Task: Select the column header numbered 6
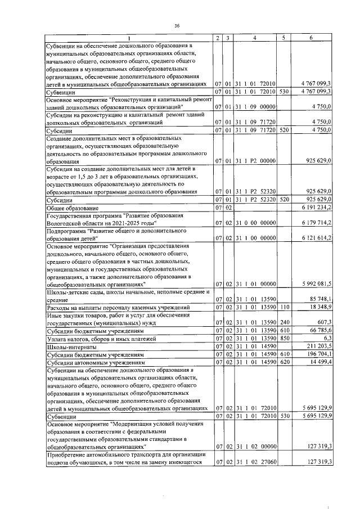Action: pos(312,38)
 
